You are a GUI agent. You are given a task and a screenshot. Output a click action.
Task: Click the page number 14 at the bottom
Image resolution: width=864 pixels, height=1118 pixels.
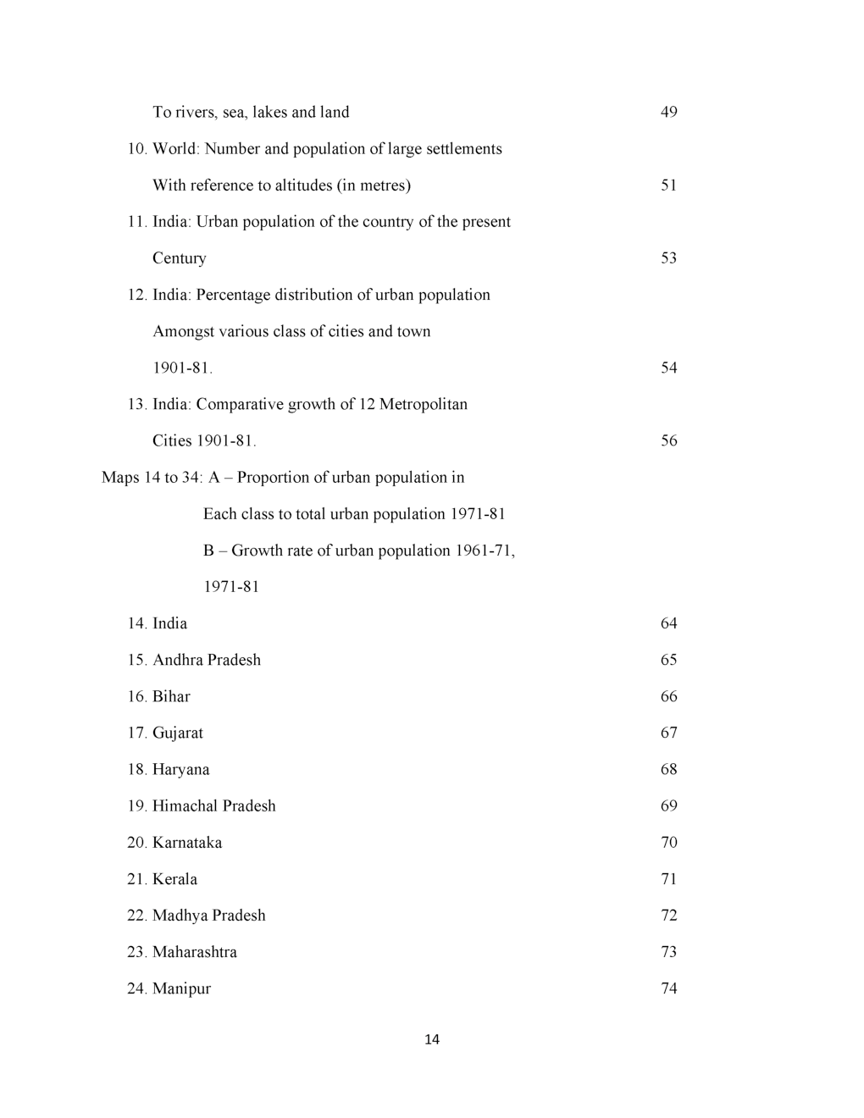[432, 1039]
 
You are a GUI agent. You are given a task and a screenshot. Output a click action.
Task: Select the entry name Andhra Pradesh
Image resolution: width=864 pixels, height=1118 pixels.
[207, 660]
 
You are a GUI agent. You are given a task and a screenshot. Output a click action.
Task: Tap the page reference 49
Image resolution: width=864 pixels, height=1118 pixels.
[668, 112]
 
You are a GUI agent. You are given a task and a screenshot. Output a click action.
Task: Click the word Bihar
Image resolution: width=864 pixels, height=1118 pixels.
[171, 696]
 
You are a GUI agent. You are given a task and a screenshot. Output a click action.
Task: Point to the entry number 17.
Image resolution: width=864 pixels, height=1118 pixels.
[136, 733]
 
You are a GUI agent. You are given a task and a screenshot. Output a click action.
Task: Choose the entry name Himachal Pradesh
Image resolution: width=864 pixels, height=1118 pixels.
[214, 805]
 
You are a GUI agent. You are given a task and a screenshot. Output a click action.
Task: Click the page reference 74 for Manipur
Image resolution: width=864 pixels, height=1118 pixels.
[668, 988]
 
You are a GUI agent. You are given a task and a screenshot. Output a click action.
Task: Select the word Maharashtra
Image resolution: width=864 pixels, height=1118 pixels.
[195, 952]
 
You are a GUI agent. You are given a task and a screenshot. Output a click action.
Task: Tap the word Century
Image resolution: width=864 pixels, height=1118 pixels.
[180, 258]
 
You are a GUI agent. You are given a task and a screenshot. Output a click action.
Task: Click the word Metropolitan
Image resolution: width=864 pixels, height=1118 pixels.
[424, 404]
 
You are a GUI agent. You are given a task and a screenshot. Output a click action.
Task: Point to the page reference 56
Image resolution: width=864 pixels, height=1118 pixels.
[668, 440]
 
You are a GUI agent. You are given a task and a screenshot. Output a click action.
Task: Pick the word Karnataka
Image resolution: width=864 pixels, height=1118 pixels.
[187, 843]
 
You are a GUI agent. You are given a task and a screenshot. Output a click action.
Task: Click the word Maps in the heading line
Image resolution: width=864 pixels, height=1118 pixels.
[120, 478]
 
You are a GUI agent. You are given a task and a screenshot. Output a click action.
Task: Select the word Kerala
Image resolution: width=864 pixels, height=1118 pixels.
[174, 879]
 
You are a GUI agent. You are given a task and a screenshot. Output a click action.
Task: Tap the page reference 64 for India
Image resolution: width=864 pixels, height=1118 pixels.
[668, 623]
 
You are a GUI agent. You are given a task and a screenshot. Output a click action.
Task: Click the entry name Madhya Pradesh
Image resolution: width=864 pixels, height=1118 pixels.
[209, 916]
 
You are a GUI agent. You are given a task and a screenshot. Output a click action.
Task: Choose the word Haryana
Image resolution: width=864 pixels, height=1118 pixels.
[181, 770]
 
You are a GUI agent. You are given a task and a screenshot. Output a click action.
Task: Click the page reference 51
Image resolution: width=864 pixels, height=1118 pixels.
[668, 185]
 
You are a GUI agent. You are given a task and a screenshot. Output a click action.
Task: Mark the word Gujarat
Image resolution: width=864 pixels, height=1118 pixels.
[178, 733]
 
